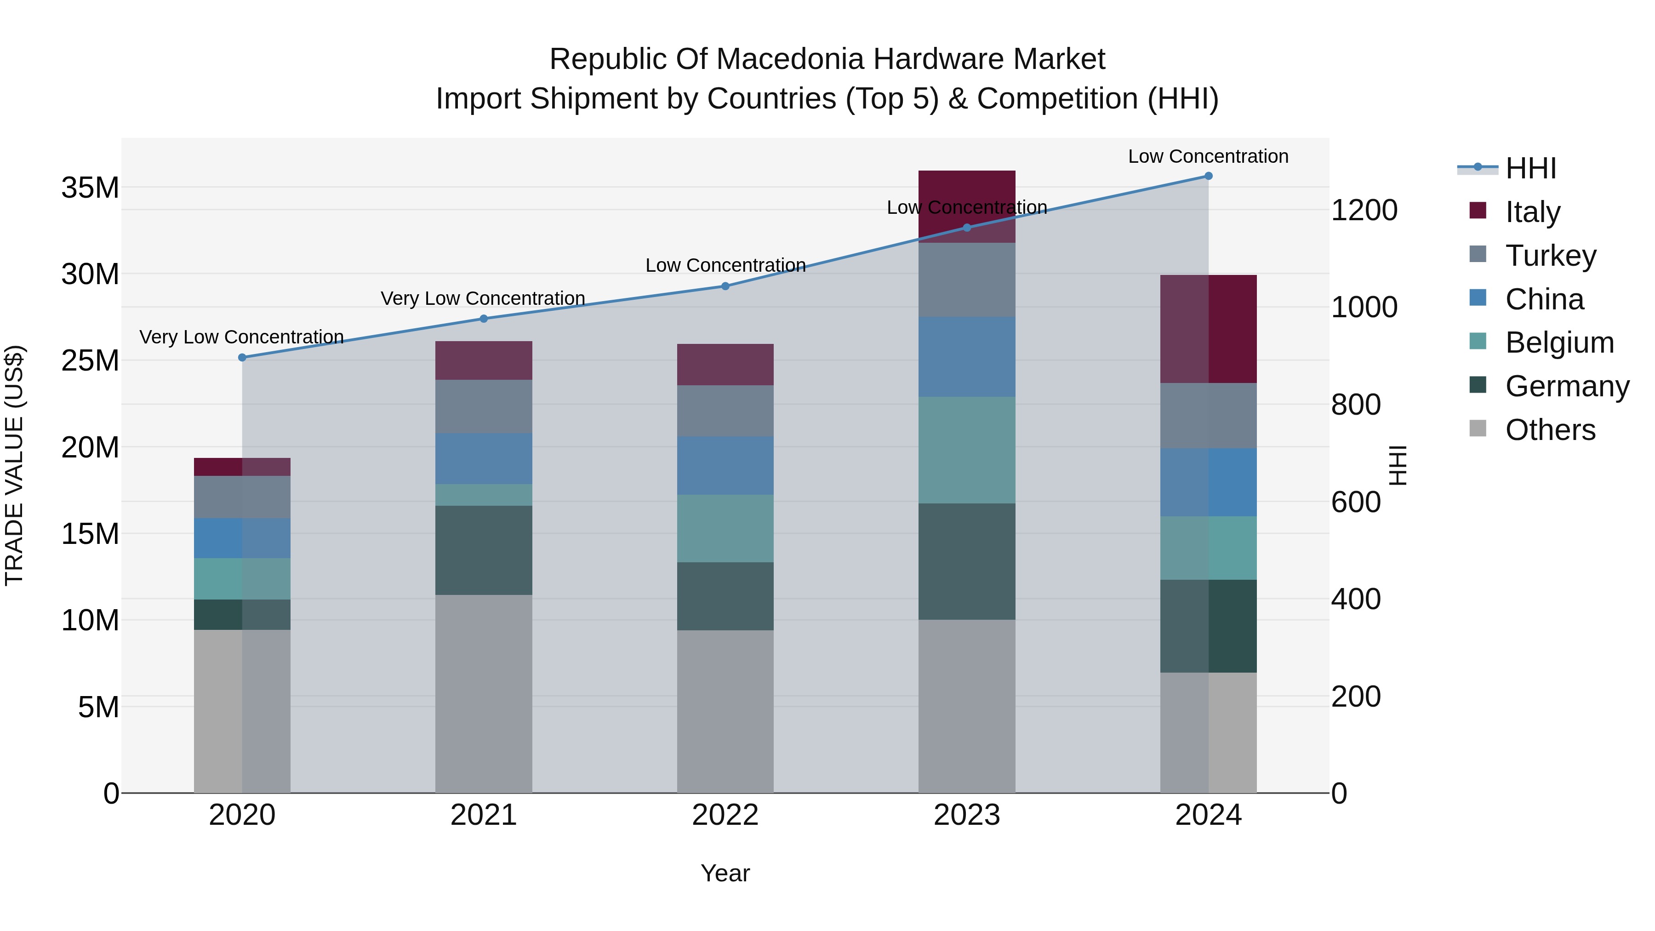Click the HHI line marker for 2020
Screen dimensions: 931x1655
[x=242, y=357]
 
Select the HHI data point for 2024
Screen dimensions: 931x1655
[x=1209, y=176]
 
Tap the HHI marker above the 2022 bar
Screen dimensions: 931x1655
[x=725, y=286]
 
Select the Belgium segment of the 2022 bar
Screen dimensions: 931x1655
[x=725, y=528]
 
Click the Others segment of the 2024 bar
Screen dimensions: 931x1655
[x=1209, y=732]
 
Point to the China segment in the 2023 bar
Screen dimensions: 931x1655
[x=967, y=357]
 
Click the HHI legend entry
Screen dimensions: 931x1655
[x=1530, y=168]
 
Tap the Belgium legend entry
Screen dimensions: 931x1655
[x=1559, y=343]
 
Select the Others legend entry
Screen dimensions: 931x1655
[x=1550, y=430]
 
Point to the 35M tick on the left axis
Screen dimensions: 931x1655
[x=90, y=188]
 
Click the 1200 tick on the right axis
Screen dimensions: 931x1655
[x=1364, y=210]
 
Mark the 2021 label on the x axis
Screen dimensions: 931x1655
[x=484, y=815]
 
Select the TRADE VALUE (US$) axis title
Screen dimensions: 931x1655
[x=14, y=465]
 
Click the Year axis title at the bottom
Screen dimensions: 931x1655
[x=725, y=873]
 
